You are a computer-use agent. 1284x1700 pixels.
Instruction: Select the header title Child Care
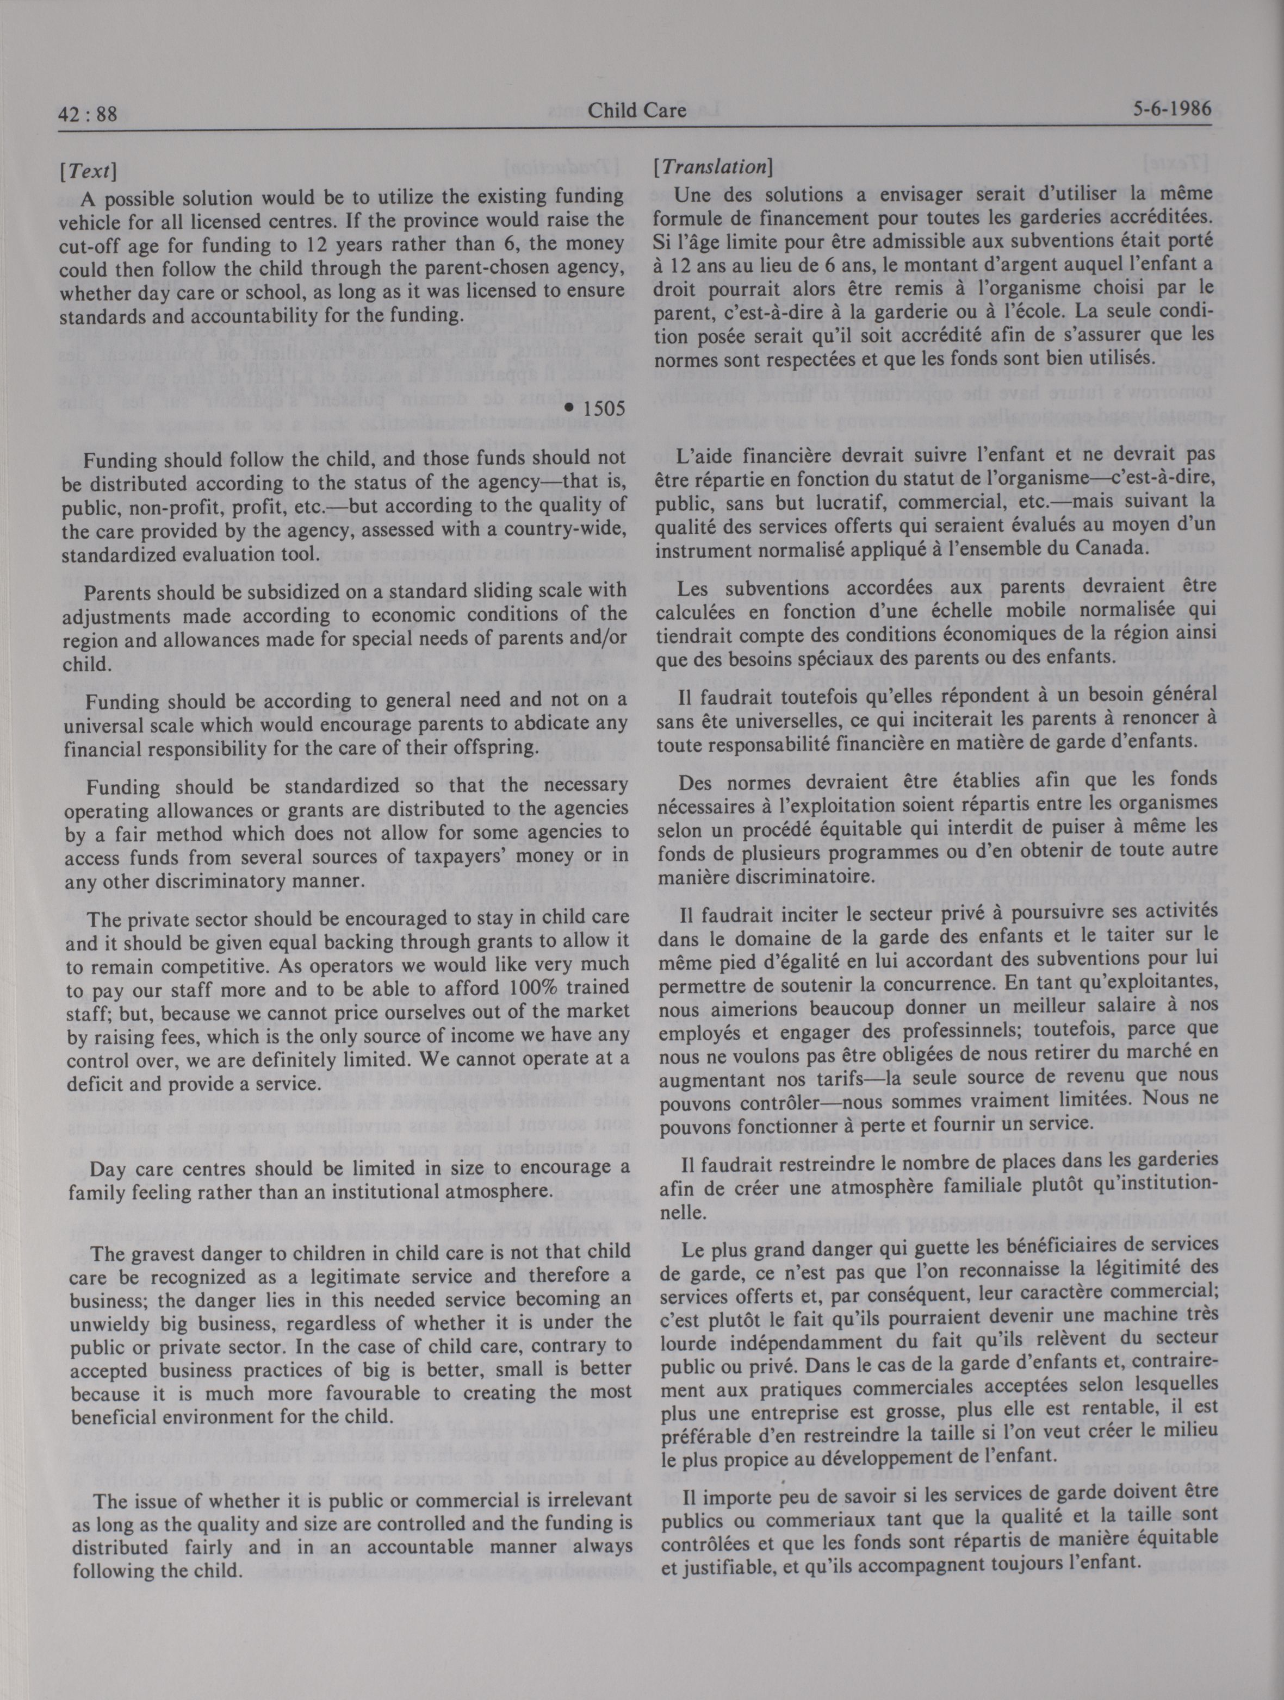(x=637, y=111)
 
